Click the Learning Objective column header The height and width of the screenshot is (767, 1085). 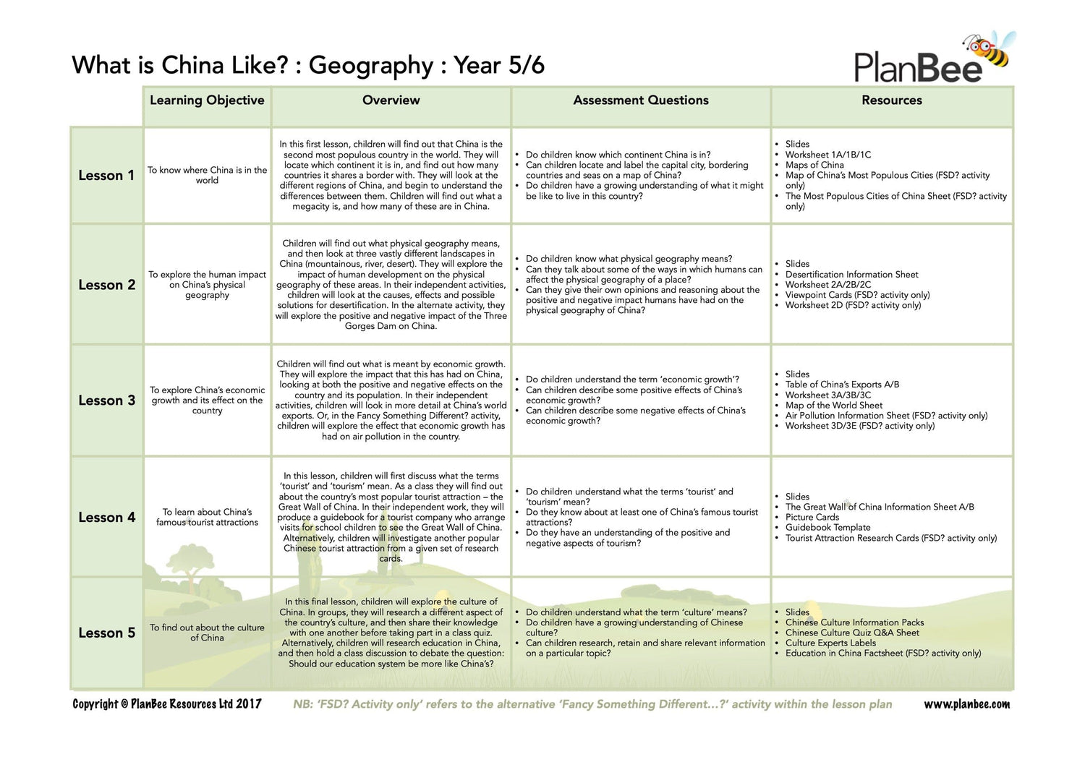[207, 100]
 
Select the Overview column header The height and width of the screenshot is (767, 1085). [391, 100]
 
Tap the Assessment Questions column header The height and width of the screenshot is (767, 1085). [641, 100]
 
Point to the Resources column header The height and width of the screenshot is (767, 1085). [891, 100]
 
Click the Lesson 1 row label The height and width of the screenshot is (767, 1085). [106, 176]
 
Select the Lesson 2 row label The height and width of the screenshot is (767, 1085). [106, 285]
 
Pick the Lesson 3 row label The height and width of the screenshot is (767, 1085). [106, 400]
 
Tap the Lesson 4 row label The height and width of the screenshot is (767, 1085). [106, 518]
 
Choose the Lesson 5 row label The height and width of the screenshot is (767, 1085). [106, 633]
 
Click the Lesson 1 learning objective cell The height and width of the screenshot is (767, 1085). [207, 176]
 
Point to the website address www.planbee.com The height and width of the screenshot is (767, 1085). [966, 704]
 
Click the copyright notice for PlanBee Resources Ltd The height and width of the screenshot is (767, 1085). [167, 704]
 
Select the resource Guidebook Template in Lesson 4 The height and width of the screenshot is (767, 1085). [827, 528]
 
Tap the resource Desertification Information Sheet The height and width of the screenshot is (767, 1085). [851, 275]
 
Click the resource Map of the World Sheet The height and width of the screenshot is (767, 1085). [833, 406]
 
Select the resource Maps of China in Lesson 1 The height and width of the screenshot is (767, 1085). [814, 165]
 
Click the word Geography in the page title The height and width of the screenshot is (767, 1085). [370, 66]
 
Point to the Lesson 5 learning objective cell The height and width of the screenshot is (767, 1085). [207, 633]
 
